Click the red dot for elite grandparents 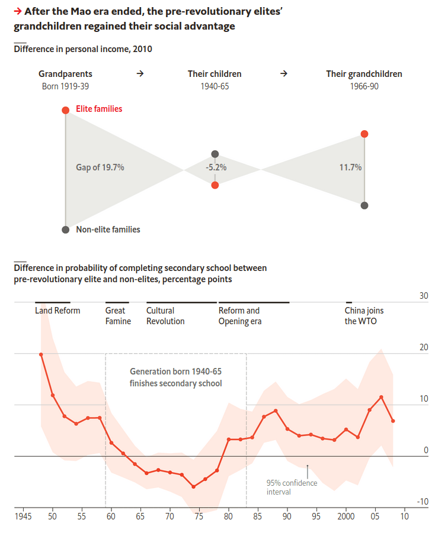[66, 110]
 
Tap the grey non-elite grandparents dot [66, 230]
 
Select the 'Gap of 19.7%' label [100, 167]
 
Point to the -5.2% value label [216, 167]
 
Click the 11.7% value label [350, 167]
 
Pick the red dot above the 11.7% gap [364, 134]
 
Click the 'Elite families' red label [99, 109]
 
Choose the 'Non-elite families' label [108, 230]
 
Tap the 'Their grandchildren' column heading [364, 74]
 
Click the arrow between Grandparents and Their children [140, 74]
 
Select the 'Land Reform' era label [57, 311]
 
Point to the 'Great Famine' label [118, 316]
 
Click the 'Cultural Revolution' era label [165, 316]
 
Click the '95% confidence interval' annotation [292, 487]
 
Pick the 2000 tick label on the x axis [345, 516]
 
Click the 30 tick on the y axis [424, 296]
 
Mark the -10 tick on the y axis [422, 502]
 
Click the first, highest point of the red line [41, 354]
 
